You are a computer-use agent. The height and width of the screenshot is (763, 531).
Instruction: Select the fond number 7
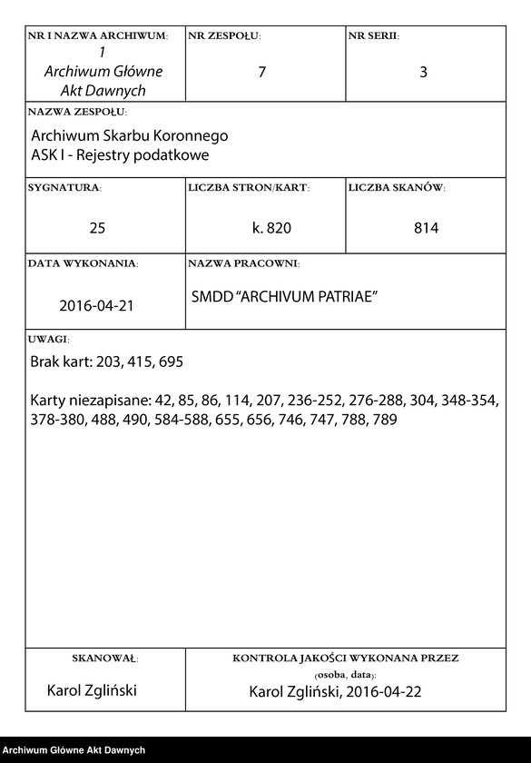[262, 73]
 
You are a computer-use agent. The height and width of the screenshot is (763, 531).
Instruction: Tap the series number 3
[423, 73]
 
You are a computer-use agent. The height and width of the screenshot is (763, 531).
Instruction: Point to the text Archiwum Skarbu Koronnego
[129, 135]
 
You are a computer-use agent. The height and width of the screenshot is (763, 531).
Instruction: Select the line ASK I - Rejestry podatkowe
[120, 154]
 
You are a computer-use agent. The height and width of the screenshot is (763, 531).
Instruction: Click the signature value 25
[97, 228]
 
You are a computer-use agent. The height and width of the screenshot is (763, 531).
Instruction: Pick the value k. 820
[272, 228]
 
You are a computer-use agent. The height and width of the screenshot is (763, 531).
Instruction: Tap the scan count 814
[426, 228]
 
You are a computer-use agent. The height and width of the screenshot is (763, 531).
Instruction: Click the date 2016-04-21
[96, 304]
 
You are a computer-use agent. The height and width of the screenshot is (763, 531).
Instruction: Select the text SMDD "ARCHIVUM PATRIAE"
[284, 297]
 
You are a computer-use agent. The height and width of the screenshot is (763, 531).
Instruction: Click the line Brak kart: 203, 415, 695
[106, 362]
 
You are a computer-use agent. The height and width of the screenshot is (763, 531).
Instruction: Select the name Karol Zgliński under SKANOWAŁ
[92, 691]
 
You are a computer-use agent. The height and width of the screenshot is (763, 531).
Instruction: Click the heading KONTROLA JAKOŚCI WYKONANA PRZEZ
[345, 657]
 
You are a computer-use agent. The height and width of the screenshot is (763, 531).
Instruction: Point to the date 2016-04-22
[386, 692]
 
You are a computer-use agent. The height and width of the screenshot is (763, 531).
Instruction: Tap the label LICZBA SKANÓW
[397, 188]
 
